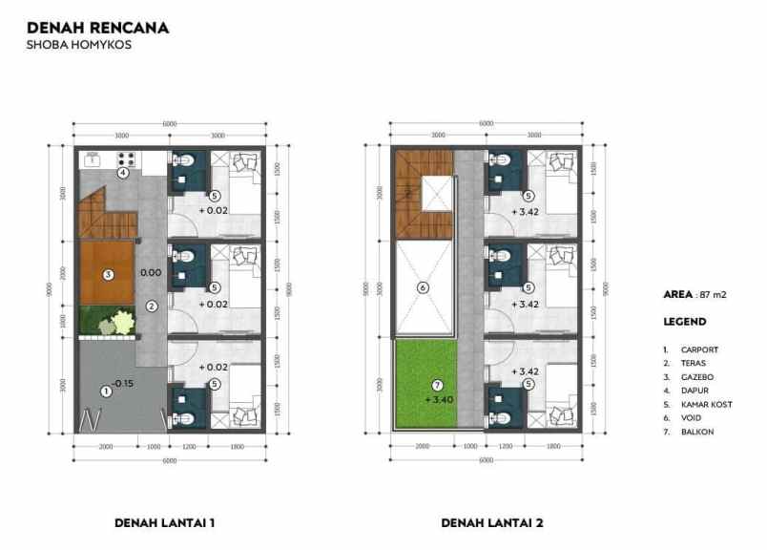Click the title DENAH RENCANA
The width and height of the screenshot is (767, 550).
point(98,28)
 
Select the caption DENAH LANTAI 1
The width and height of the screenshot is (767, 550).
point(164,522)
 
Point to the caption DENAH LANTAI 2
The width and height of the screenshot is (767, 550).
point(491,522)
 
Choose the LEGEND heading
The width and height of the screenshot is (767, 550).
point(684,322)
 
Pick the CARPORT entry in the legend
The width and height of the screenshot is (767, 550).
point(699,349)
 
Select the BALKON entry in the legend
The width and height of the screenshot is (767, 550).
point(697,433)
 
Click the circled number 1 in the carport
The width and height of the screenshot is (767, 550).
point(106,391)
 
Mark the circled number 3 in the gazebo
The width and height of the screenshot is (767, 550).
point(109,275)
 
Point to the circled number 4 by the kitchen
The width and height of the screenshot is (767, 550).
point(123,173)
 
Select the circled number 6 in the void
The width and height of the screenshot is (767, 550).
point(425,287)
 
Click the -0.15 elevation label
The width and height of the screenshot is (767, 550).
point(122,384)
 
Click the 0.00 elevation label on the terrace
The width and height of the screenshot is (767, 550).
point(150,273)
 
